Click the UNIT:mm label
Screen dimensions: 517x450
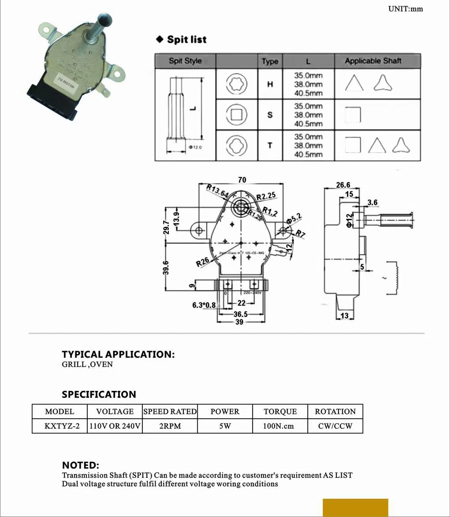click(x=405, y=9)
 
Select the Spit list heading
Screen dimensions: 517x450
click(x=186, y=40)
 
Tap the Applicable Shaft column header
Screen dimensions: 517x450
click(x=373, y=61)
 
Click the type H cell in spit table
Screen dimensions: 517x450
click(x=270, y=84)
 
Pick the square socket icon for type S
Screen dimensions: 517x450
click(x=237, y=115)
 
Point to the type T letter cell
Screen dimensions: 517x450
click(x=270, y=146)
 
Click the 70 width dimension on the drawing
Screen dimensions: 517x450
click(x=242, y=180)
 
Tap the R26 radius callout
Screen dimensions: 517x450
click(x=203, y=262)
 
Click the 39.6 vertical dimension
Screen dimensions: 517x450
click(x=166, y=268)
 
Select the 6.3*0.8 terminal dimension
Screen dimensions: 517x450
click(x=204, y=305)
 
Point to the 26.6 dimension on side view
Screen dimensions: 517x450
click(x=343, y=185)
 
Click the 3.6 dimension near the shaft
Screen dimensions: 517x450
click(x=372, y=202)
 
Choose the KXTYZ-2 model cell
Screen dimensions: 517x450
click(x=60, y=426)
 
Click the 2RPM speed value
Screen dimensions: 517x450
click(x=170, y=426)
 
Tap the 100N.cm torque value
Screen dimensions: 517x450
click(x=280, y=426)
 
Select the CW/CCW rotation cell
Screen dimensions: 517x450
click(x=335, y=426)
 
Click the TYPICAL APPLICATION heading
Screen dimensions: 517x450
click(x=118, y=355)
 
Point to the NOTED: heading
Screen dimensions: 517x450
click(x=80, y=465)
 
